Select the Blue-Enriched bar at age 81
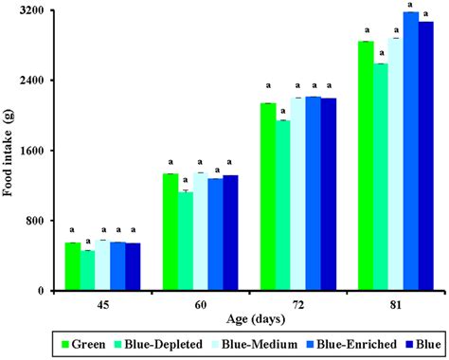(x=410, y=152)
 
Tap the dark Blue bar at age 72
(x=329, y=194)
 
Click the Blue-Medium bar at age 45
(x=102, y=265)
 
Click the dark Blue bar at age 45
(x=133, y=267)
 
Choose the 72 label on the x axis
(x=298, y=306)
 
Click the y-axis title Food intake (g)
(x=9, y=152)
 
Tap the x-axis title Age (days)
(x=249, y=320)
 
